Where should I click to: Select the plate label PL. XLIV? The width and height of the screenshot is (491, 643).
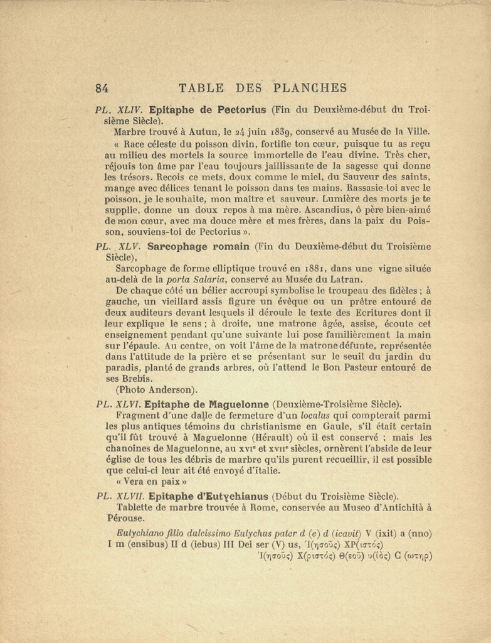(x=119, y=108)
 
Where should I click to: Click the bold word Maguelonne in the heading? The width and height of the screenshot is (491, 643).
(x=238, y=404)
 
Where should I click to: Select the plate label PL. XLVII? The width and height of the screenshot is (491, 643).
(x=121, y=496)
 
